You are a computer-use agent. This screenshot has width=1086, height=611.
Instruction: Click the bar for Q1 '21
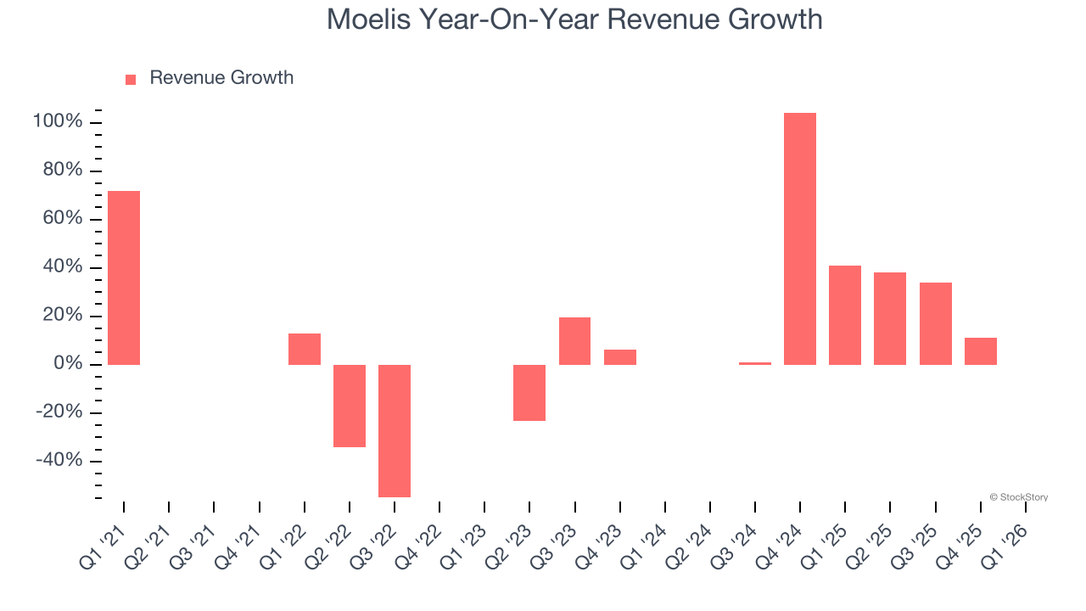click(124, 277)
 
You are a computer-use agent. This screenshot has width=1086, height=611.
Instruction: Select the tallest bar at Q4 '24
click(800, 238)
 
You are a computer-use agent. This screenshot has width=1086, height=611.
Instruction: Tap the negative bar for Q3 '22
click(395, 430)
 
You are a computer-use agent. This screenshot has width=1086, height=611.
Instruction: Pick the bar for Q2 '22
click(350, 406)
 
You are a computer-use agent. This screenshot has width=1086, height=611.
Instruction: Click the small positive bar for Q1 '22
click(305, 349)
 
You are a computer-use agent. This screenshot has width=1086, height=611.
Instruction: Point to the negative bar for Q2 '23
click(529, 392)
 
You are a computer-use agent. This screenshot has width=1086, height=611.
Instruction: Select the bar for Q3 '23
click(574, 340)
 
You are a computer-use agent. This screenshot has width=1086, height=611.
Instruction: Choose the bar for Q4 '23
click(620, 357)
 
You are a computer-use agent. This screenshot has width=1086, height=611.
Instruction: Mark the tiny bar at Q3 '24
click(755, 363)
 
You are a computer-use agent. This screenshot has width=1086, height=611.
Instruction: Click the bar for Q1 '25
click(845, 315)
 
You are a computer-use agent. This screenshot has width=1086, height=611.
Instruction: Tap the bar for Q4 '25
click(981, 351)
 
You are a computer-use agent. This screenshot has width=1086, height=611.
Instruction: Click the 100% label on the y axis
click(58, 122)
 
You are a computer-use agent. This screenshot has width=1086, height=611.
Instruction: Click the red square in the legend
click(131, 80)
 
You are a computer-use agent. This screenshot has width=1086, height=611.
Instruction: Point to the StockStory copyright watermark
click(1018, 497)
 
